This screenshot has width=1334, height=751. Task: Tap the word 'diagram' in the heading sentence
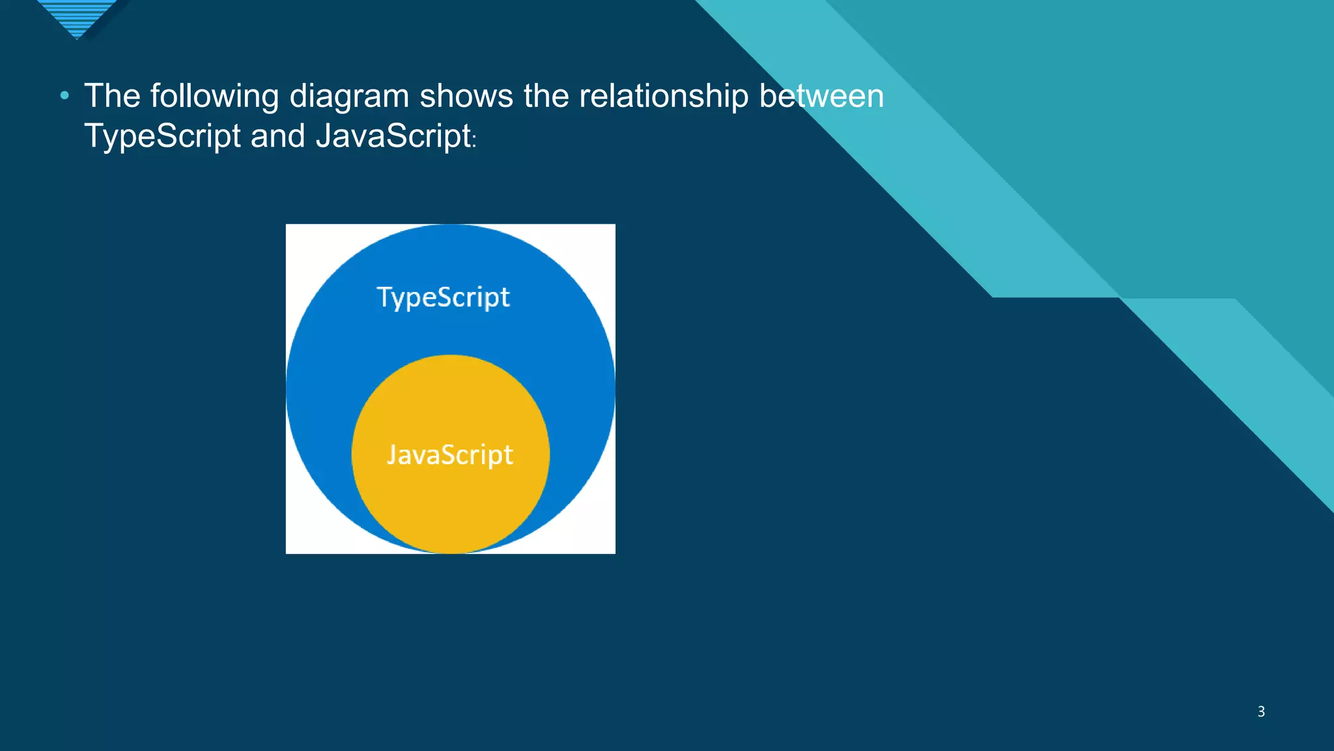349,96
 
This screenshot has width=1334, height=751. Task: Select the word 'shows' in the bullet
466,96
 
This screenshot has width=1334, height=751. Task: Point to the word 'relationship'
664,96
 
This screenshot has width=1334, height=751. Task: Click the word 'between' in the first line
821,96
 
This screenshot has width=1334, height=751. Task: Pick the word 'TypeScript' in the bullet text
163,136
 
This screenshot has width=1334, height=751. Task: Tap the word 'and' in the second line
278,136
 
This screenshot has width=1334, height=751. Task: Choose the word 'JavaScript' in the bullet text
393,136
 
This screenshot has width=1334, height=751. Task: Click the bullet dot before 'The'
64,96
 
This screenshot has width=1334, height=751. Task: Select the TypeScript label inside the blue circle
443,297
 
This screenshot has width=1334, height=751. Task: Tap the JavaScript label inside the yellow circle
450,454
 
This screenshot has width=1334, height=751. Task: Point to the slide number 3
1261,711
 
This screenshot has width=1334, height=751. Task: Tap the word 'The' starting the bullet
112,96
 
